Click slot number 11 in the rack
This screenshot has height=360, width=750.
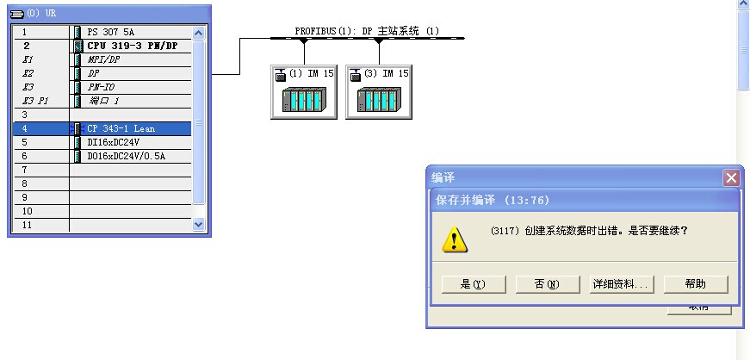[26, 225]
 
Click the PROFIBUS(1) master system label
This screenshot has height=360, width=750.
[367, 31]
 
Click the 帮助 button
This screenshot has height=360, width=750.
[695, 284]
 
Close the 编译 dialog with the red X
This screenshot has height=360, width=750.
[731, 178]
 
